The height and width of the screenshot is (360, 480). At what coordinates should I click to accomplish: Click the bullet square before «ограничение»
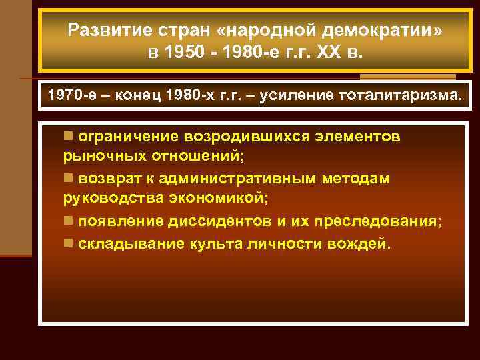pyautogui.click(x=68, y=136)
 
